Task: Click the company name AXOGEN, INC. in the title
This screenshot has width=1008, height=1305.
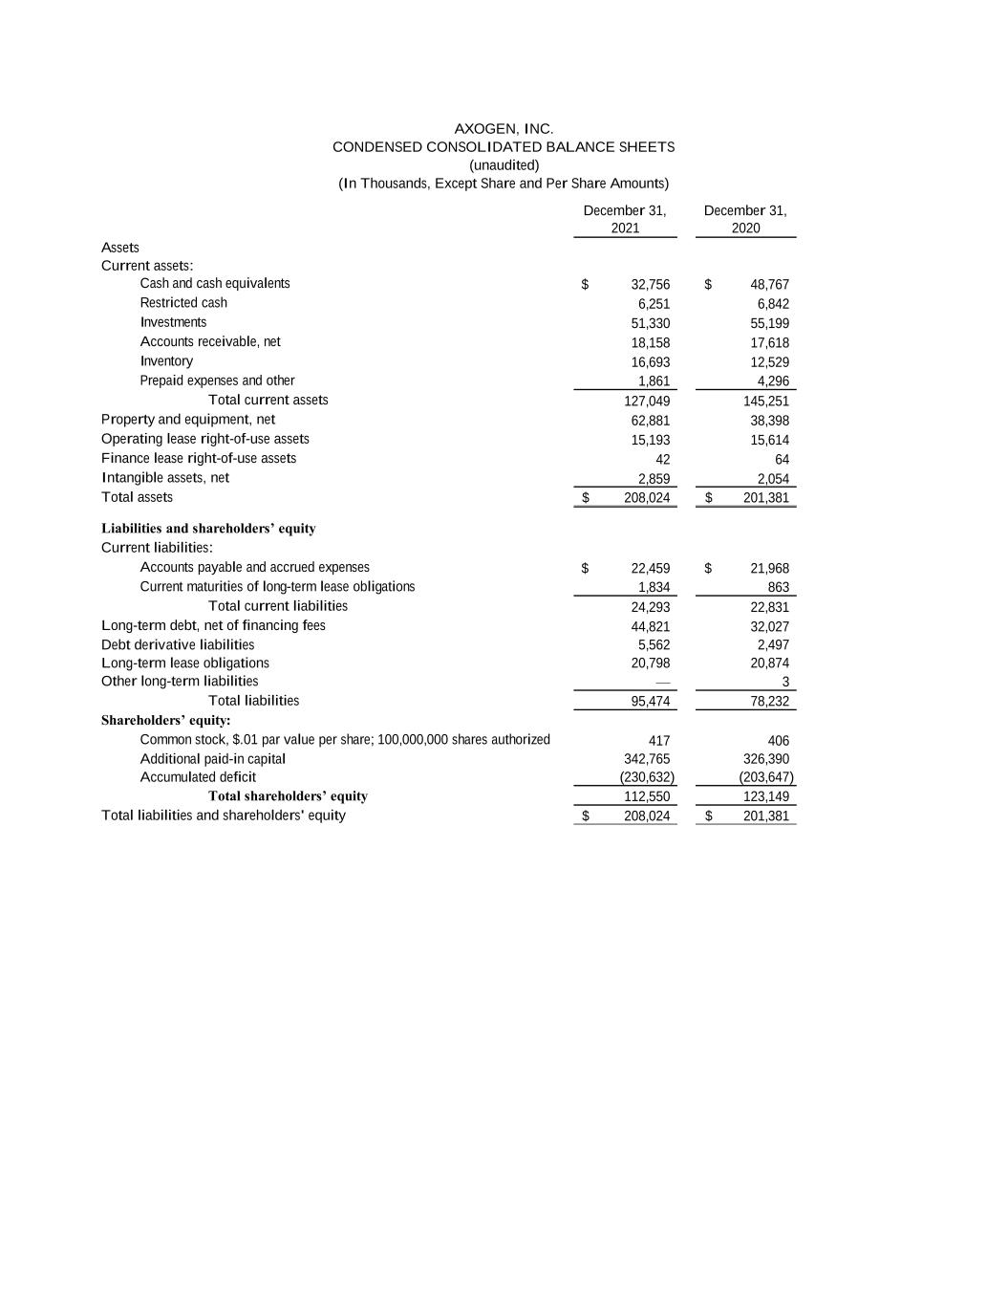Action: pyautogui.click(x=504, y=128)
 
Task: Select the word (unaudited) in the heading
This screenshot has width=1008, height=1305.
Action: pyautogui.click(x=504, y=164)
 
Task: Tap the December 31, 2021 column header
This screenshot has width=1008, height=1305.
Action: pyautogui.click(x=625, y=219)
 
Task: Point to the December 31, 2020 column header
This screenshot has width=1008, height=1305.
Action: pyautogui.click(x=745, y=219)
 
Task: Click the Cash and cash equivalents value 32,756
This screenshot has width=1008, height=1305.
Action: pyautogui.click(x=650, y=285)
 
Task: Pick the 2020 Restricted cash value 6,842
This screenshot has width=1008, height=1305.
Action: pyautogui.click(x=773, y=304)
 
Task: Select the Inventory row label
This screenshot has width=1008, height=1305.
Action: pyautogui.click(x=166, y=361)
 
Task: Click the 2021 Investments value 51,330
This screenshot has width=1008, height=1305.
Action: pyautogui.click(x=650, y=324)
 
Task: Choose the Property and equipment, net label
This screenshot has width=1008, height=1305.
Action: pyautogui.click(x=188, y=420)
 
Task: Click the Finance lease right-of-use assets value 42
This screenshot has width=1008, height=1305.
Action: pyautogui.click(x=662, y=460)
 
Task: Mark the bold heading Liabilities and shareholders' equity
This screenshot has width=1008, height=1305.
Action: pyautogui.click(x=208, y=529)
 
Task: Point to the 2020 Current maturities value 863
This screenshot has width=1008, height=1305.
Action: pyautogui.click(x=778, y=588)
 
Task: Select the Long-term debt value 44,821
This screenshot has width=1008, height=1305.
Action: pyautogui.click(x=650, y=627)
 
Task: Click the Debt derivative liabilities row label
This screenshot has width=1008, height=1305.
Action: pyautogui.click(x=178, y=645)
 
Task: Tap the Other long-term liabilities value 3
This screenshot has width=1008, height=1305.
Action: pyautogui.click(x=784, y=683)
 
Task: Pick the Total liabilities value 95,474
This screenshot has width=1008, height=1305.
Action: pyautogui.click(x=650, y=702)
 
